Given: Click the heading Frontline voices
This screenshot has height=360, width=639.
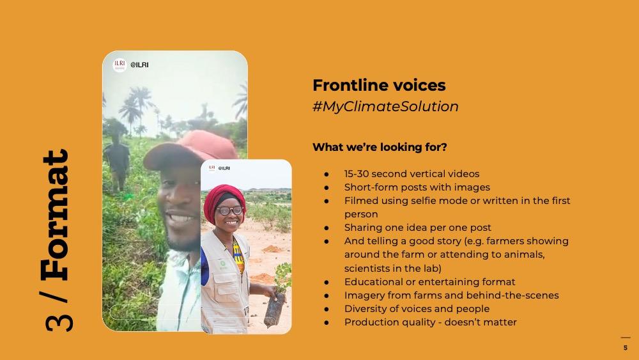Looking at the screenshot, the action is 379,85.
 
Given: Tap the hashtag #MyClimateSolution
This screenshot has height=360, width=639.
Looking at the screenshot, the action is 385,106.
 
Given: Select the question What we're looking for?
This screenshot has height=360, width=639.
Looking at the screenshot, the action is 380,147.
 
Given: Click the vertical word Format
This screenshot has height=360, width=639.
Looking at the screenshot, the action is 56,215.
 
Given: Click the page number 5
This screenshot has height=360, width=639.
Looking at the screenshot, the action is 626,348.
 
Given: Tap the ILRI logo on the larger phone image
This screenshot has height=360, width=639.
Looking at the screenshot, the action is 120,65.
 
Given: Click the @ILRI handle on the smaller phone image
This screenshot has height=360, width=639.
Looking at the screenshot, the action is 224,168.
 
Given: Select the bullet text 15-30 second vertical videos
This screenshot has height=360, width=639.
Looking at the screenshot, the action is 412,174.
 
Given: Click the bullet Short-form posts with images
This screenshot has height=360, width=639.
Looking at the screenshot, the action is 417,187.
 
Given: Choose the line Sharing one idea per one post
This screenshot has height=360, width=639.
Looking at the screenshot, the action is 418,228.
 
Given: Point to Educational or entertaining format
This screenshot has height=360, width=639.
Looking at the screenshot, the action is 429,282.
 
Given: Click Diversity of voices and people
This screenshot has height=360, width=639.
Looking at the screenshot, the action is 417,309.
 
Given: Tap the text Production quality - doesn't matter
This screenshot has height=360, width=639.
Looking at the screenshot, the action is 430,322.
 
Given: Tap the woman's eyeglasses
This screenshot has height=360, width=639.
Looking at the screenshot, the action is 229,211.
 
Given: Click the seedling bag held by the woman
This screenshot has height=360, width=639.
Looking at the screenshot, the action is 274,310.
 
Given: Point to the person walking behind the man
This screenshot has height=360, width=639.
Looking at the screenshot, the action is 117,163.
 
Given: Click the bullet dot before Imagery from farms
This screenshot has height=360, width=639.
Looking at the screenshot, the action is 327,295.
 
